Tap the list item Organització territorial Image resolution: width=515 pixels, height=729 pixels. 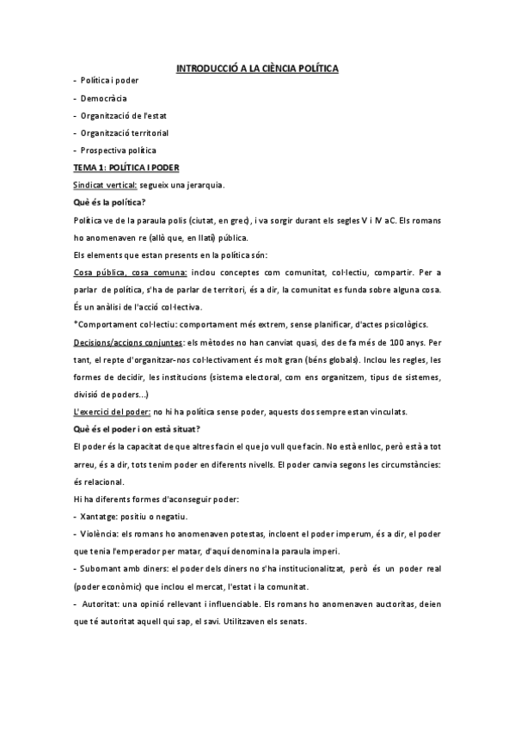click(125, 133)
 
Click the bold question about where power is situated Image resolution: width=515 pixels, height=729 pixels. click(144, 429)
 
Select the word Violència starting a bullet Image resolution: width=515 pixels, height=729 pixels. click(96, 534)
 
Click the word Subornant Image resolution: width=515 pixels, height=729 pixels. click(101, 569)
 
